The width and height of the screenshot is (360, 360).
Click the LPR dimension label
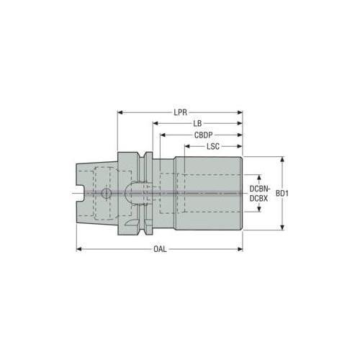(x=181, y=112)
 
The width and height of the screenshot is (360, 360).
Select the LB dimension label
(x=197, y=123)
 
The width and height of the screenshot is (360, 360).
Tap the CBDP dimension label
(x=204, y=135)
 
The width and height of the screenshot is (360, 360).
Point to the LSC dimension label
(x=213, y=146)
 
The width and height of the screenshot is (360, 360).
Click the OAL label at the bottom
(x=160, y=249)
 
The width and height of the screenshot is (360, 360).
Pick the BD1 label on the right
(x=282, y=194)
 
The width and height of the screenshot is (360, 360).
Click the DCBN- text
(x=260, y=189)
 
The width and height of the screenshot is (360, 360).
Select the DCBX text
(x=258, y=199)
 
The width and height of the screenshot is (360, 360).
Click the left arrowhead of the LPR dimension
(x=120, y=112)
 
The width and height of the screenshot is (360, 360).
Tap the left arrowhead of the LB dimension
(x=156, y=123)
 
